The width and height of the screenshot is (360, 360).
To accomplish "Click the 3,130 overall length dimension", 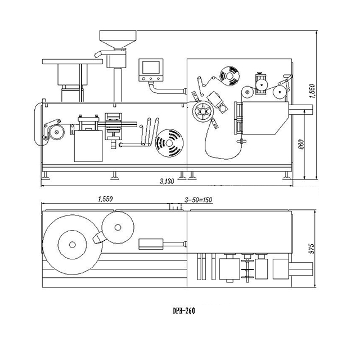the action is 167,181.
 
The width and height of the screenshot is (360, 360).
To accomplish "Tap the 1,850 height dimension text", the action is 313,91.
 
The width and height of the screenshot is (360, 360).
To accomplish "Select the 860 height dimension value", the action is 301,145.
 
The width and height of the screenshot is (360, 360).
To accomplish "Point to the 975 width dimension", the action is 312,249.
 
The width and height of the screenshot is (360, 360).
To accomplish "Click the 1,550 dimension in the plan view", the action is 105,199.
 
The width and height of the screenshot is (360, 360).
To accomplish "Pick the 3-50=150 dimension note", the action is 198,200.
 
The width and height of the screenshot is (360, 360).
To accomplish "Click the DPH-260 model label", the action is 184,311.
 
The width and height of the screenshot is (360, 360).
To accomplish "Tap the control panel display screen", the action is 151,67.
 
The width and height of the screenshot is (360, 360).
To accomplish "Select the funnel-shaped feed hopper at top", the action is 118,39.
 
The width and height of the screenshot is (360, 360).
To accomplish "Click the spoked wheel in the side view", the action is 203,111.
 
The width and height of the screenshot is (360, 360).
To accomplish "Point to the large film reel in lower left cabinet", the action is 169,143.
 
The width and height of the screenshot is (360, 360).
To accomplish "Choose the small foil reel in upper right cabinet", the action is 229,76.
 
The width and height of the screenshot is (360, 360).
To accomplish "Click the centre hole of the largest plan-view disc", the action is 73,245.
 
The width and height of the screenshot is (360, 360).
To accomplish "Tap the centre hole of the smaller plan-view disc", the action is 118,227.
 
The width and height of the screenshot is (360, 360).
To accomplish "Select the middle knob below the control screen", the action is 151,79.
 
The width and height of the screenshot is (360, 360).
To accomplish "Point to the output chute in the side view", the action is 300,110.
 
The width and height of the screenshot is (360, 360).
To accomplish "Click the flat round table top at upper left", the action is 73,61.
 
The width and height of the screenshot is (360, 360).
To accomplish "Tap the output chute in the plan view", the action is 300,269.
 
